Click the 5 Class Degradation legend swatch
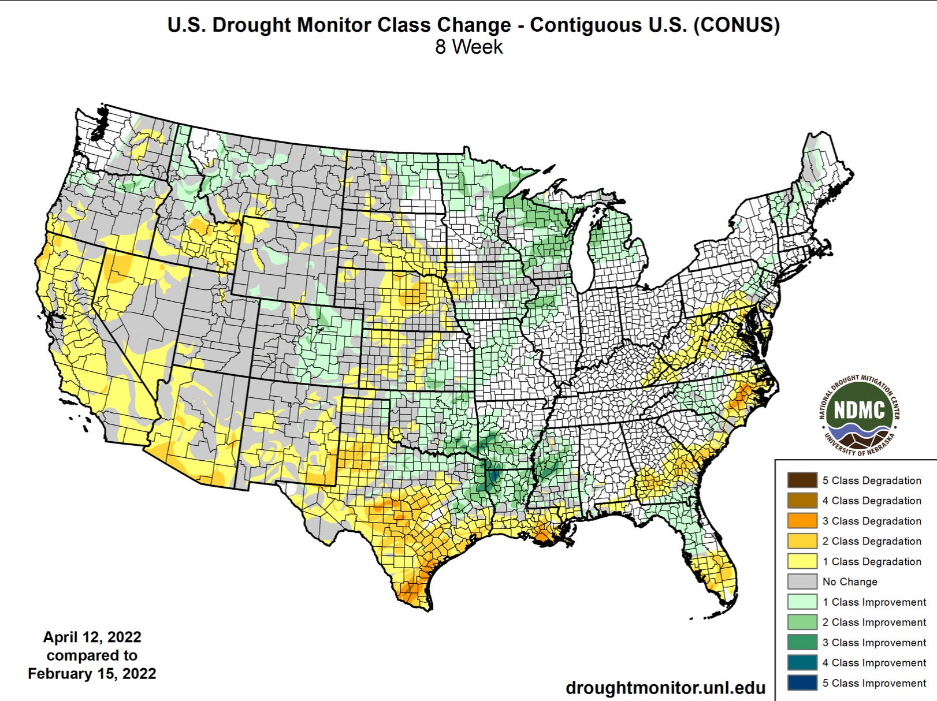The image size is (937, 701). point(802,480)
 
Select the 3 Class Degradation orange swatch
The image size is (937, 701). point(802,521)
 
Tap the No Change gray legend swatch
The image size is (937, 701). point(802,581)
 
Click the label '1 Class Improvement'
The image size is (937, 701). point(874,602)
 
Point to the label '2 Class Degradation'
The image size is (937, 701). point(872,541)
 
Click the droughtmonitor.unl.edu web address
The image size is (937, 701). point(665,688)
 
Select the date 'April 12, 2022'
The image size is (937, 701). point(92,637)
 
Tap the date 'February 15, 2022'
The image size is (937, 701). point(92,674)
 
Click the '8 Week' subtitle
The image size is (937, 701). point(468,47)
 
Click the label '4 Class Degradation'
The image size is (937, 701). point(872,501)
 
